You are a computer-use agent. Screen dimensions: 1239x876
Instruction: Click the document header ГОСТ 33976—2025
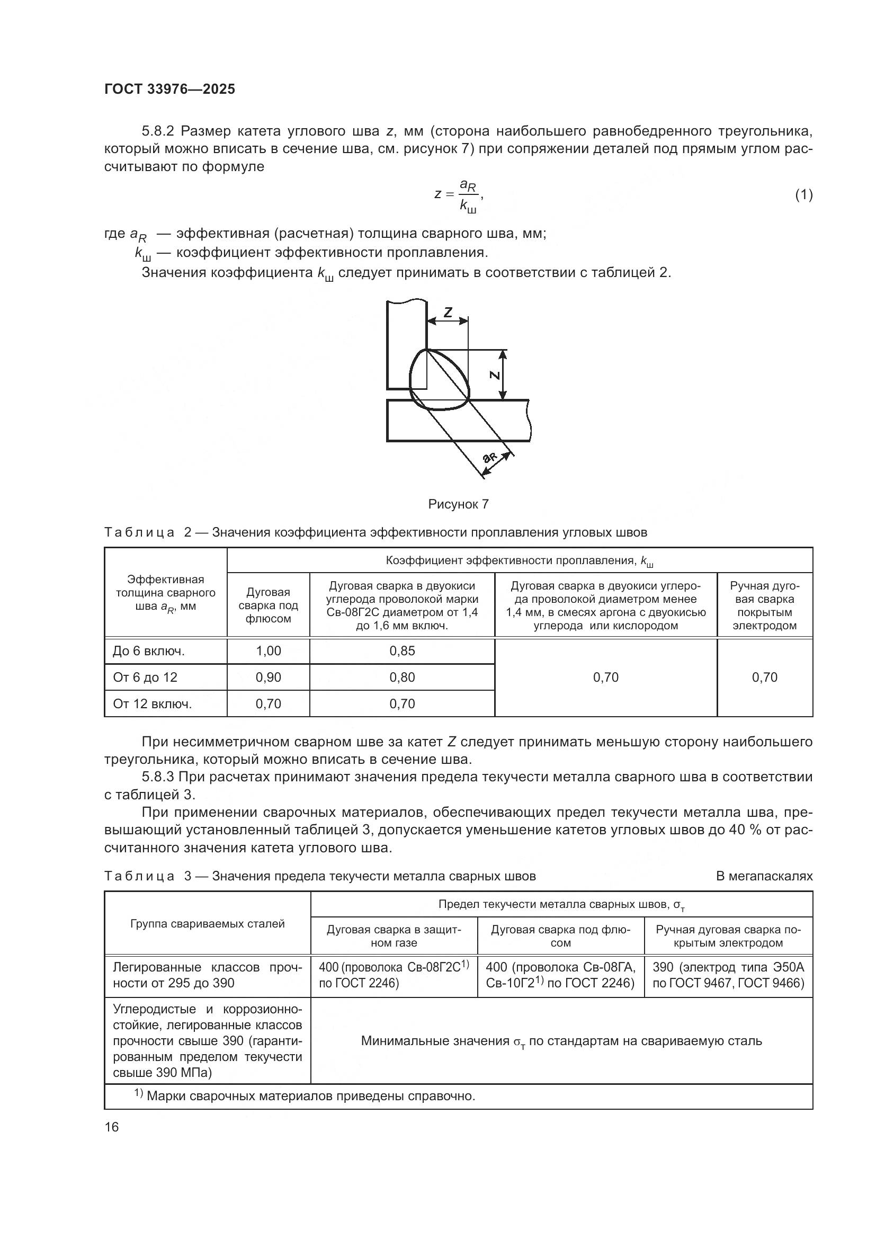[169, 89]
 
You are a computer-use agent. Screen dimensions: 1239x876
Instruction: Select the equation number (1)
[803, 195]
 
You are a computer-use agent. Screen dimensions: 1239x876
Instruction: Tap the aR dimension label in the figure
[490, 457]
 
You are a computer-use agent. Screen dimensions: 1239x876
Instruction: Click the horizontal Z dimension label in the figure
[448, 312]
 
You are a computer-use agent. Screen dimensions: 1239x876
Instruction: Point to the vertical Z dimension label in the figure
[494, 375]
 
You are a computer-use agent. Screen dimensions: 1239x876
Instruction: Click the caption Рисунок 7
[458, 504]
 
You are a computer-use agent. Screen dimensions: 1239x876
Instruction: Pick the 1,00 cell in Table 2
[268, 651]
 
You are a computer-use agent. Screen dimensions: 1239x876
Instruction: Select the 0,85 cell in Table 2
[402, 651]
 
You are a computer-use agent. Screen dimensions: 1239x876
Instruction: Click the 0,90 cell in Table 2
[268, 678]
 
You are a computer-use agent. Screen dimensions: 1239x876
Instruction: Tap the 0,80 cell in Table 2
[402, 678]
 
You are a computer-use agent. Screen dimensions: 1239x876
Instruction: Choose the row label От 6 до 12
[145, 678]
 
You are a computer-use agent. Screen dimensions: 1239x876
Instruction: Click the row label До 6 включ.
[148, 652]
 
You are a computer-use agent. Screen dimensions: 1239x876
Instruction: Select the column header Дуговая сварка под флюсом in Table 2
[268, 605]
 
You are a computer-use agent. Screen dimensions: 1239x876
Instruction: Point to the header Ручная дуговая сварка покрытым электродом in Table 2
[764, 605]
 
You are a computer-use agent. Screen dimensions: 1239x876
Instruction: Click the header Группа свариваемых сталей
[207, 924]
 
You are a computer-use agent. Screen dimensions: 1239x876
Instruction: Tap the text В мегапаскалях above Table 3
[764, 876]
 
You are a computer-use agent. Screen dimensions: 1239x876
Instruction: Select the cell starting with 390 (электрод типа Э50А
[728, 975]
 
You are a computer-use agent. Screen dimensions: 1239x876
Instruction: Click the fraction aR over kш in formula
[468, 195]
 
